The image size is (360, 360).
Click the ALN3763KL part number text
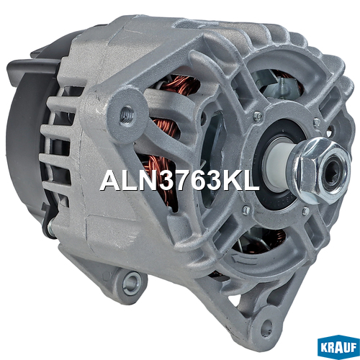pos(180,180)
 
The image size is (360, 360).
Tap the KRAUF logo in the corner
pos(338,348)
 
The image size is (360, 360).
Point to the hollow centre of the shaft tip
pos(333,172)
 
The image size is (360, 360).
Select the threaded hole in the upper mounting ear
pos(127,114)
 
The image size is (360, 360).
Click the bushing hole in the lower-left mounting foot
pos(131,282)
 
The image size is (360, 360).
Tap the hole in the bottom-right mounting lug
pos(267,325)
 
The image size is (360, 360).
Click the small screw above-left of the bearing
pos(258,115)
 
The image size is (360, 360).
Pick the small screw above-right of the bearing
pos(317,122)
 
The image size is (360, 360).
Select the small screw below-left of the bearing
pos(246,210)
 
